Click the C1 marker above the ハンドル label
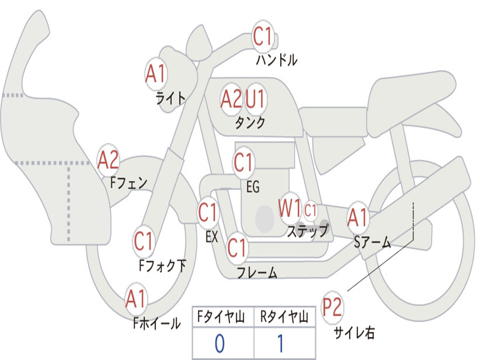263,36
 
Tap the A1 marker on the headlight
156,74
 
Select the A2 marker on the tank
232,99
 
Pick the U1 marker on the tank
255,99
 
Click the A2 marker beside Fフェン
108,160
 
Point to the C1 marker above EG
244,162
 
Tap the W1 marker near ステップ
290,208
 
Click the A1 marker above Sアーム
358,217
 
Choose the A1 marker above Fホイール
136,299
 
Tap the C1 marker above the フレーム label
237,247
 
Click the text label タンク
250,123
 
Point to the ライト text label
171,98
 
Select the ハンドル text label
277,60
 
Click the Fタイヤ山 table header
221,317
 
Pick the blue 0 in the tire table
220,344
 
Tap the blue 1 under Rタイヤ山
281,344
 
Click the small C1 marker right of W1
310,210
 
